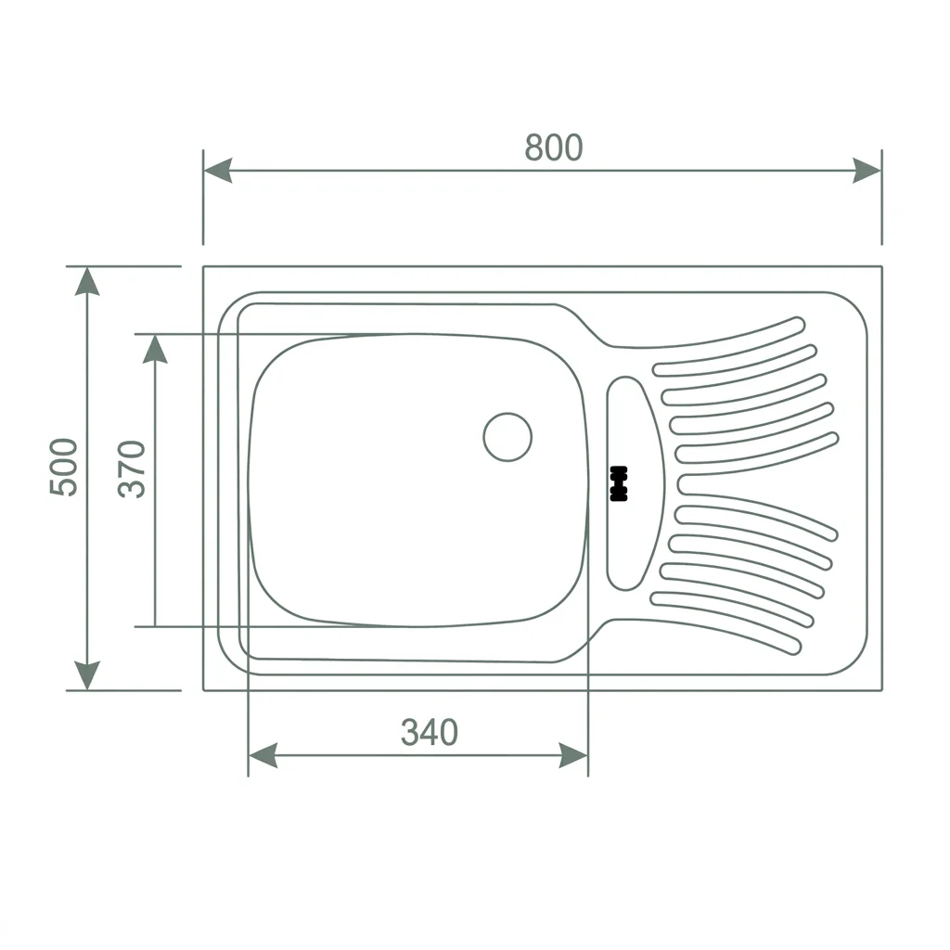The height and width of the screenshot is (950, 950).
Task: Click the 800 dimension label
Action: click(554, 148)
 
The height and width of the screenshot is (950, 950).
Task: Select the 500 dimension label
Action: click(64, 468)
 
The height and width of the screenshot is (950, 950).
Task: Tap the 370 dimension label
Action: click(132, 469)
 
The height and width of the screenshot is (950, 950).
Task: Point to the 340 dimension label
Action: click(430, 732)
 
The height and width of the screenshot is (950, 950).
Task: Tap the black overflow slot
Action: click(619, 483)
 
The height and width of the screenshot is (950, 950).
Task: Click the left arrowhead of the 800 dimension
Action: click(217, 171)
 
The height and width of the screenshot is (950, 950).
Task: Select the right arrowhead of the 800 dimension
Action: click(867, 171)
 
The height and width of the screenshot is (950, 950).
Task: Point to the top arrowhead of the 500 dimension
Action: click(87, 281)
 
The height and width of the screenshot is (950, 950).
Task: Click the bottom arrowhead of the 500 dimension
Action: click(87, 675)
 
